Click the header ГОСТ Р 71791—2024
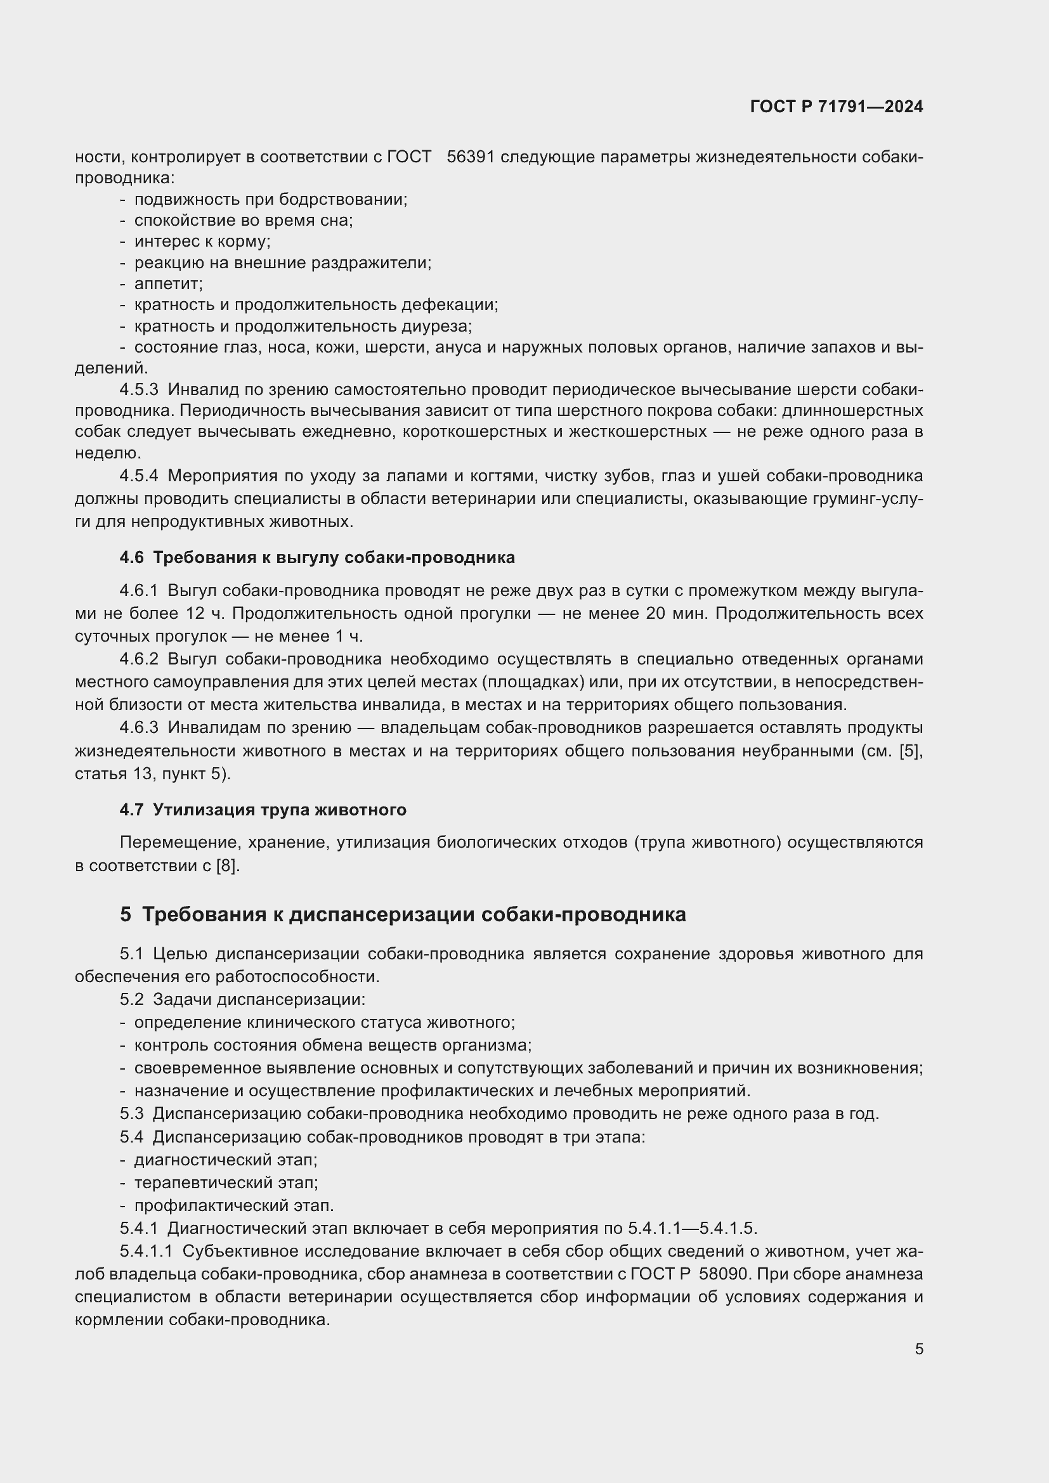837,107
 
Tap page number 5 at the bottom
918,1349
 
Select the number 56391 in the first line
470,157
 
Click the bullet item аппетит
168,283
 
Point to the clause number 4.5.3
139,389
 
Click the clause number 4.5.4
139,476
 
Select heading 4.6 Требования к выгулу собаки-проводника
317,557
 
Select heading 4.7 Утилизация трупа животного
263,810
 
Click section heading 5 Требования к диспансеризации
403,915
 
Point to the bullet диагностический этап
225,1160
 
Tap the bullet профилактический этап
234,1205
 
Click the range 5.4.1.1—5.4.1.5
691,1228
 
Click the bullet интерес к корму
202,242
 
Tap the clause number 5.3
132,1113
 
